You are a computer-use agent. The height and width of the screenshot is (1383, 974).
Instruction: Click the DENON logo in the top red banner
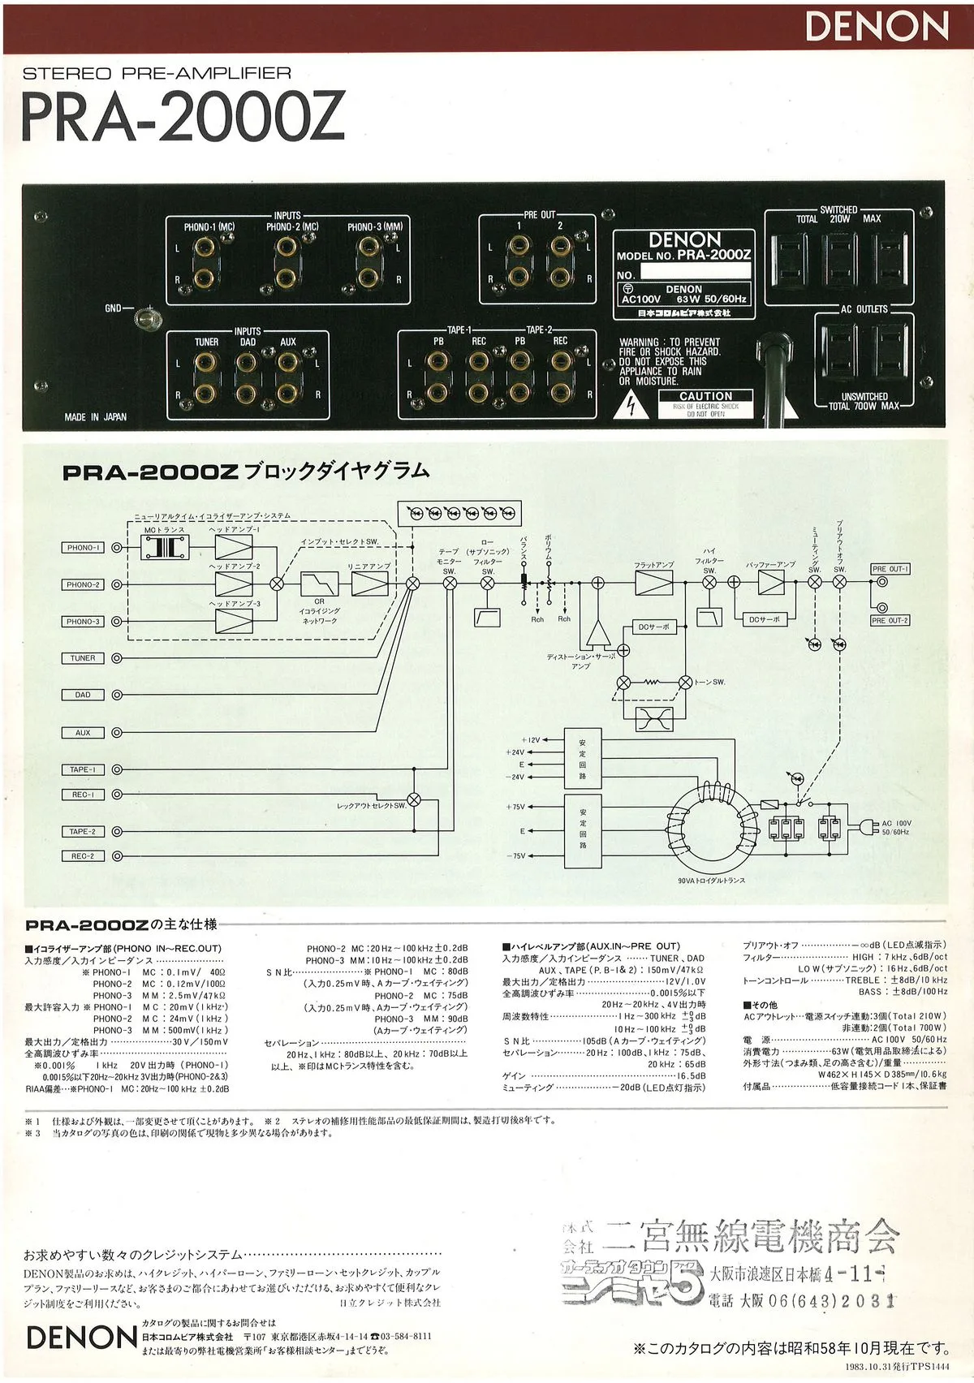[x=877, y=28]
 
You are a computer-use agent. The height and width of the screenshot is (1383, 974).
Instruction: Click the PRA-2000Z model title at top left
[x=183, y=118]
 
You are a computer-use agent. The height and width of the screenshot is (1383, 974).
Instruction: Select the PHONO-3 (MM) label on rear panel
[x=374, y=226]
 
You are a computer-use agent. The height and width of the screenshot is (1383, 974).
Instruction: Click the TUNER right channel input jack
[x=206, y=395]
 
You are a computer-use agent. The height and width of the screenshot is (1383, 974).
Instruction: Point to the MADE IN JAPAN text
[x=96, y=417]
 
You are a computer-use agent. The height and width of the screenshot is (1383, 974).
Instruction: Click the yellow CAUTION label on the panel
[x=705, y=396]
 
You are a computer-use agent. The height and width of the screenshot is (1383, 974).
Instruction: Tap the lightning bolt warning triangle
[x=632, y=406]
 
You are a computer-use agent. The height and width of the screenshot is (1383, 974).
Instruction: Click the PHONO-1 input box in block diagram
[x=83, y=548]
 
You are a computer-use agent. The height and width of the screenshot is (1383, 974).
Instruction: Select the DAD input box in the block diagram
[x=83, y=695]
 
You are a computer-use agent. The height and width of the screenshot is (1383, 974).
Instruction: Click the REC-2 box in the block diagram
[x=83, y=856]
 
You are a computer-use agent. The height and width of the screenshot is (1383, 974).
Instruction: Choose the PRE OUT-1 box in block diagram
[x=890, y=569]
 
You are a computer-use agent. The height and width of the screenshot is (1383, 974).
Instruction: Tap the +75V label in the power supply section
[x=515, y=808]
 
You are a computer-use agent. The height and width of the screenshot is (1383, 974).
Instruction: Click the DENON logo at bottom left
[x=81, y=1337]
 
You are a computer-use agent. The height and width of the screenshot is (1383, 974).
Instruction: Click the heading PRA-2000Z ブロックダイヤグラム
[x=246, y=472]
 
